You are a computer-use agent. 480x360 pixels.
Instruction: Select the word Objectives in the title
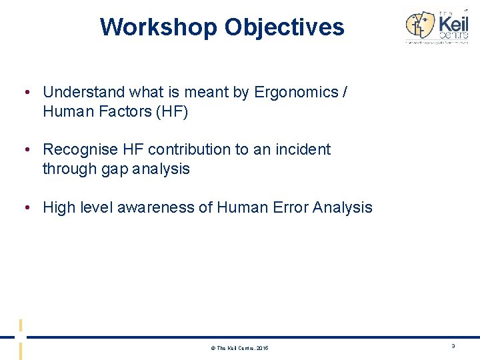[x=284, y=27]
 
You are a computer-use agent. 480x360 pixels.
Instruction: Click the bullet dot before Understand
[x=25, y=92]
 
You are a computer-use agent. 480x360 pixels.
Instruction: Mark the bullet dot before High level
[x=25, y=207]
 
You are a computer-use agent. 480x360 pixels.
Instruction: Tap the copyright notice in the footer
[x=240, y=348]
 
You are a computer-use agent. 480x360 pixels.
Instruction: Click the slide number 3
[x=453, y=347]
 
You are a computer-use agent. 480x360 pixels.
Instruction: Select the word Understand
[x=79, y=92]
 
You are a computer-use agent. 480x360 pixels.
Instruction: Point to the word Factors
[x=123, y=111]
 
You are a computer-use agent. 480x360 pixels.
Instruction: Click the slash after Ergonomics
[x=344, y=92]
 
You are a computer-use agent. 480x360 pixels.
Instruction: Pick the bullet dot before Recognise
[x=25, y=149]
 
